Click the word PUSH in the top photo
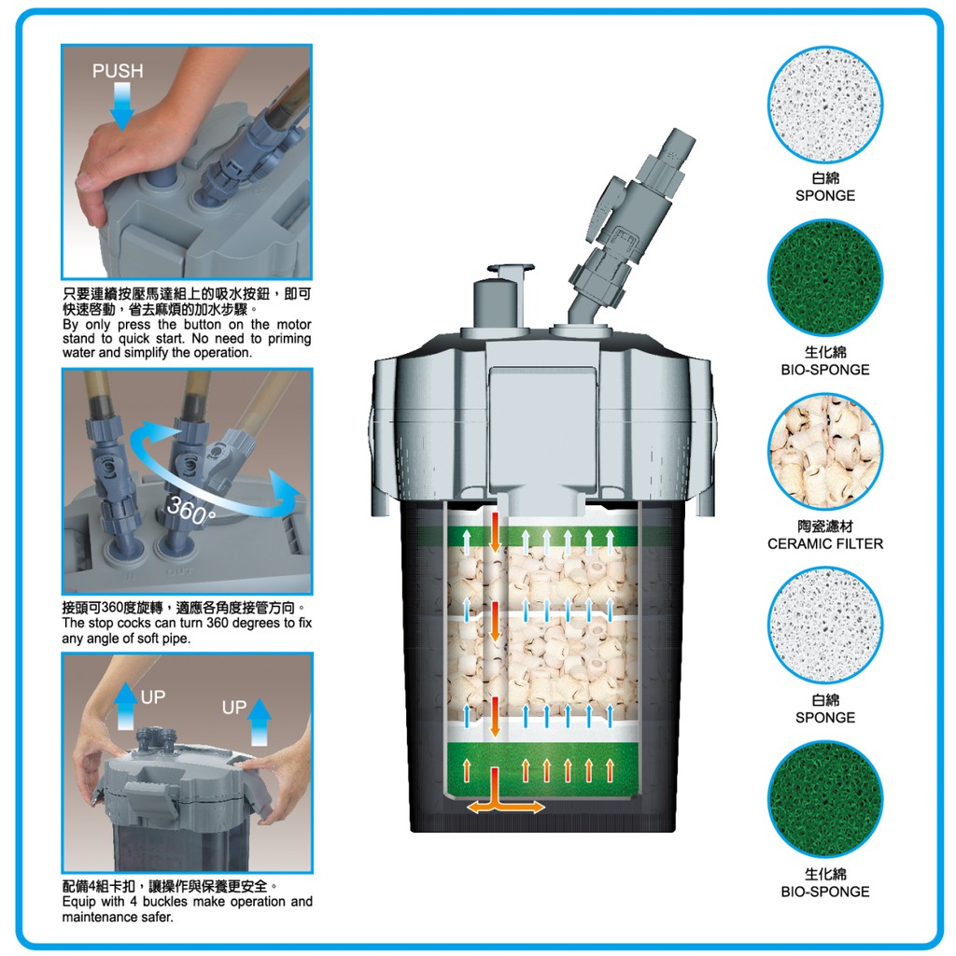(x=118, y=71)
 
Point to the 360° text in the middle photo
(x=190, y=511)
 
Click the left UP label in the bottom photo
(x=152, y=696)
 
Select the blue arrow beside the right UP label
(x=260, y=723)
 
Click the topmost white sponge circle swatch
(x=825, y=105)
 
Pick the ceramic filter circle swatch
(x=825, y=452)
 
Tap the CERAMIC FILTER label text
(x=825, y=544)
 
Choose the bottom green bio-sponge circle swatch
(x=825, y=799)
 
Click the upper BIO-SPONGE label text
(x=825, y=370)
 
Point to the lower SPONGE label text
(x=825, y=718)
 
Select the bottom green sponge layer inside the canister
(x=542, y=769)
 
